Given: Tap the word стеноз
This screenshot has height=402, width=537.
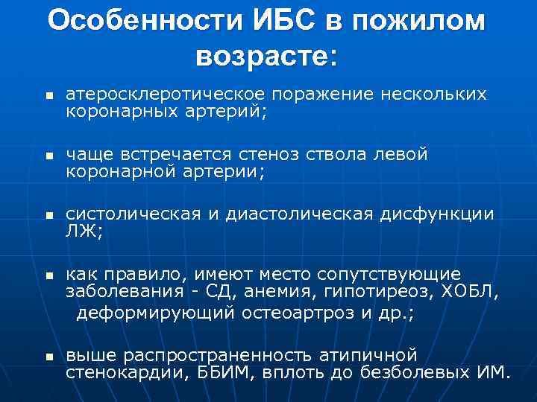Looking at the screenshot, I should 310,155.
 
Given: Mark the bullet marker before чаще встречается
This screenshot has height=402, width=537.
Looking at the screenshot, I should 48,157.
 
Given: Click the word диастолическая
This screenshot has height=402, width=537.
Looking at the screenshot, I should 300,214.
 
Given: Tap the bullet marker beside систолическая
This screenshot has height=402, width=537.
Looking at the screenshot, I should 48,217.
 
